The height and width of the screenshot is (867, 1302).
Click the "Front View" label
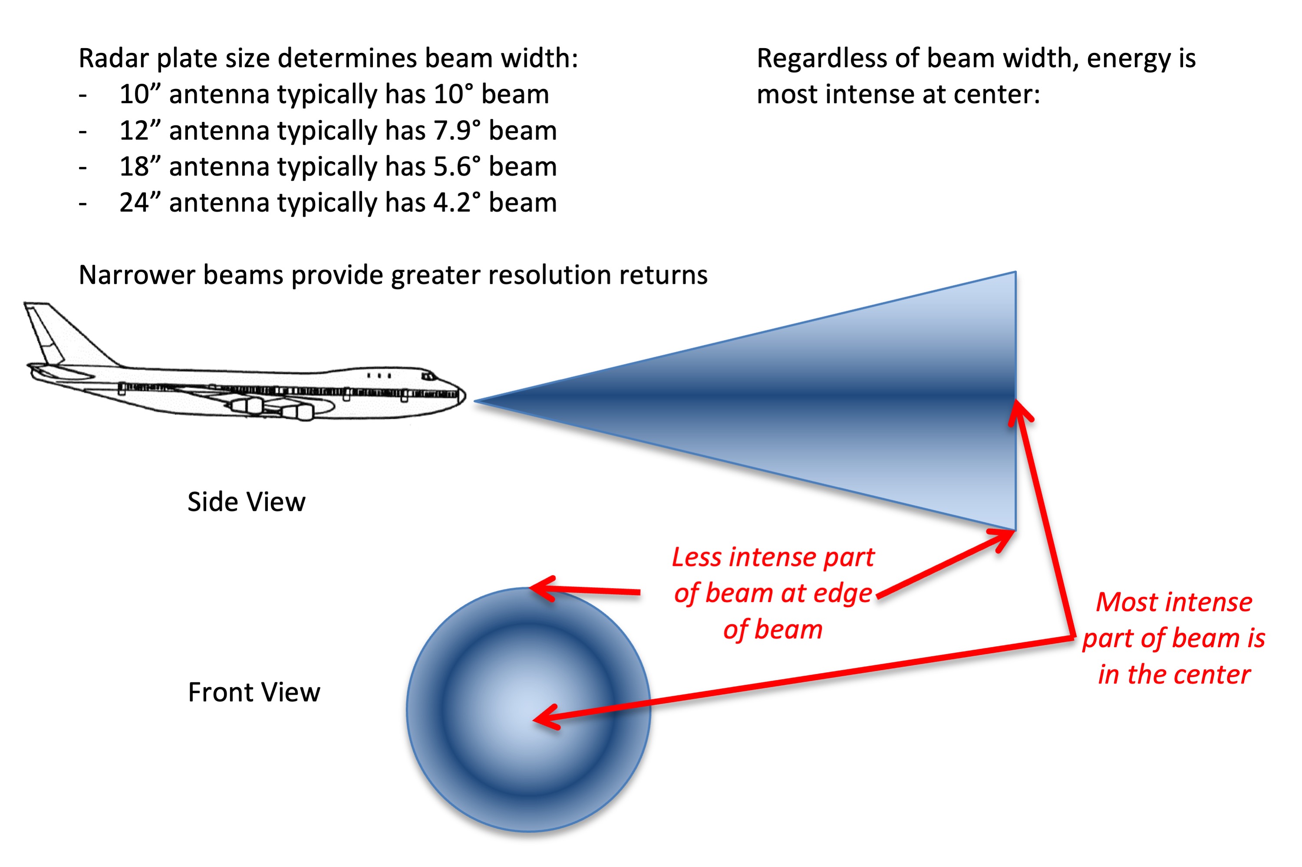coord(254,692)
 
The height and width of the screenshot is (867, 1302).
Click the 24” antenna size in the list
coord(139,203)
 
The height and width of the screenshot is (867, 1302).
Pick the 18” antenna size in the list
coord(139,167)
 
